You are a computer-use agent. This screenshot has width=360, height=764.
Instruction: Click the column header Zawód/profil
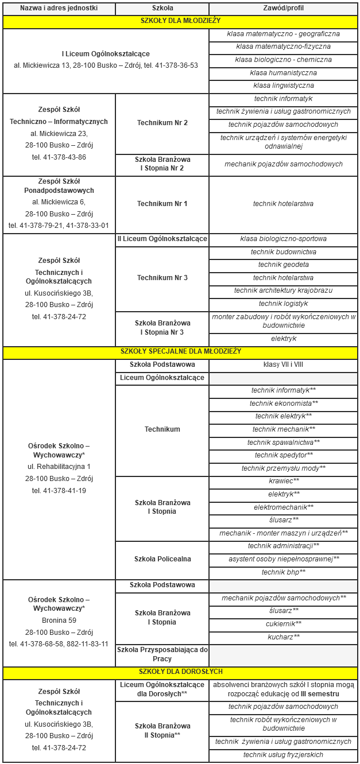coord(283,9)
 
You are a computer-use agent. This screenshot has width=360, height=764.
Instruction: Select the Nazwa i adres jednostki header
coord(59,9)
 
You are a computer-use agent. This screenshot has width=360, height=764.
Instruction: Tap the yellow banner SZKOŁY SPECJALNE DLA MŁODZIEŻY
coord(180,351)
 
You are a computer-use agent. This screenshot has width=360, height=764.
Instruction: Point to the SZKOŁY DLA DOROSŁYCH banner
coord(180,672)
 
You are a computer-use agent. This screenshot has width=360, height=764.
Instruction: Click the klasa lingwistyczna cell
coord(283,86)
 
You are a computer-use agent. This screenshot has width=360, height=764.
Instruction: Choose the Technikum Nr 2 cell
coord(162,123)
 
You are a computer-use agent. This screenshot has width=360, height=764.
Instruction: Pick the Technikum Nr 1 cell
coord(162,204)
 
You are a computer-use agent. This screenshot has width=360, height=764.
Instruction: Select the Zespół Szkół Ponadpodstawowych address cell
coord(59,204)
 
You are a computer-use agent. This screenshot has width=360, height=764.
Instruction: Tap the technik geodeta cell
coord(283,265)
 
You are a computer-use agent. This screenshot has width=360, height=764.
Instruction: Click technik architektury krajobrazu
coord(283,290)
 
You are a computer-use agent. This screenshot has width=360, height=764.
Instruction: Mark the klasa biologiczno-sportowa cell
coord(283,239)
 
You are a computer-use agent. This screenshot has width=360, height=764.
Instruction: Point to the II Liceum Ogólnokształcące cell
coord(162,239)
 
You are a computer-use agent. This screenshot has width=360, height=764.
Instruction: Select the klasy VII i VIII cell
coord(283,364)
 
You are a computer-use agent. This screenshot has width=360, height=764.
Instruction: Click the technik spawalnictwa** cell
coord(283,442)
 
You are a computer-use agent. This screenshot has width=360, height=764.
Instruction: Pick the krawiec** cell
coord(283,481)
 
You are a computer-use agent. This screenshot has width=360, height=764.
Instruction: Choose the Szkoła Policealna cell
coord(162,559)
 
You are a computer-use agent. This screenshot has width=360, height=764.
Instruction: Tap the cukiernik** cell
coord(283,624)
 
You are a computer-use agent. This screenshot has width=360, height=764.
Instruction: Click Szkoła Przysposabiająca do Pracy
coord(162,654)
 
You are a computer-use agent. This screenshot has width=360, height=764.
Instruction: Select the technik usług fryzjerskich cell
coord(283,755)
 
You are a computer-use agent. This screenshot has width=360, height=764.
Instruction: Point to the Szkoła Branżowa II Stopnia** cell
coord(162,730)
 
